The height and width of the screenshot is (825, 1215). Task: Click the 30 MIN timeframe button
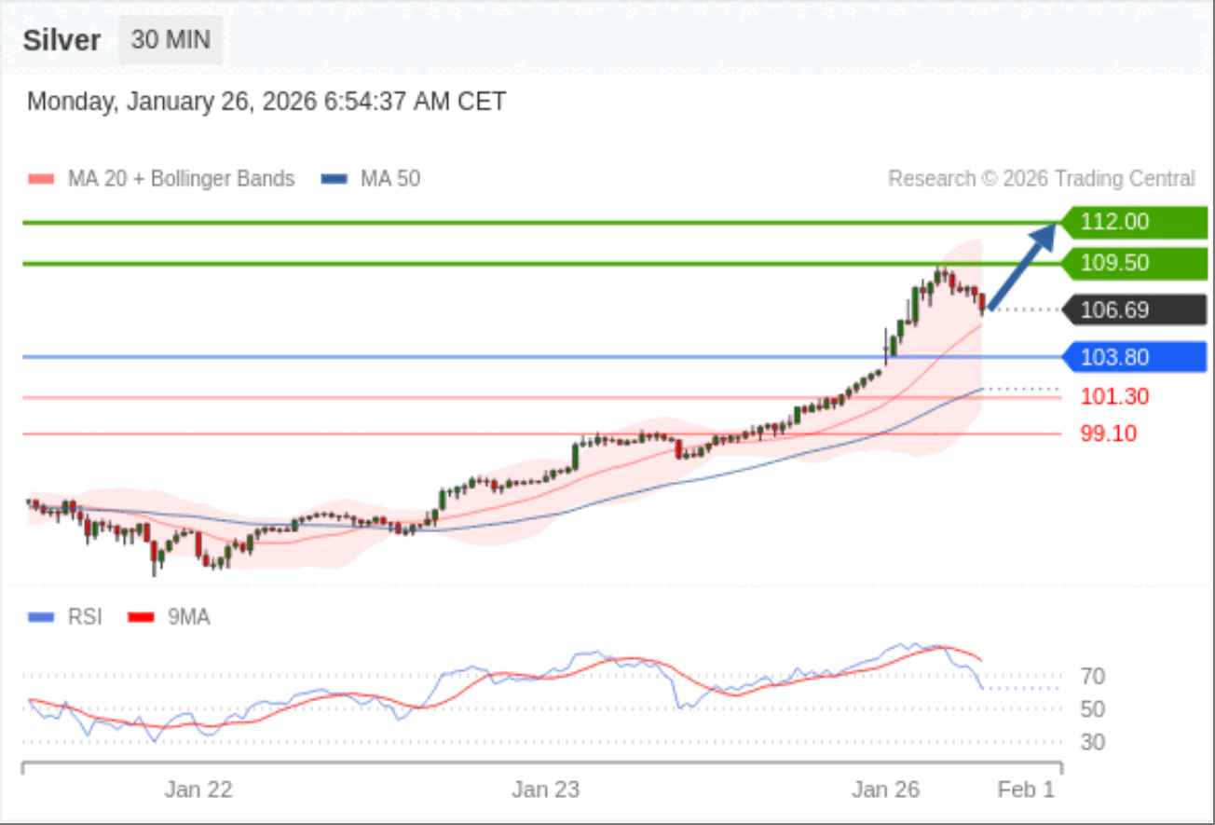[171, 40]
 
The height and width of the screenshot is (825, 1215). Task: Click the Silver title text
[61, 41]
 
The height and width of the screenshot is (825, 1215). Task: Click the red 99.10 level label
[1109, 433]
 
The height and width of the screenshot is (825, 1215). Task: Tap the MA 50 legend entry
[371, 178]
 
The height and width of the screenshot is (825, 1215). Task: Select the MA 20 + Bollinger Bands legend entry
[163, 178]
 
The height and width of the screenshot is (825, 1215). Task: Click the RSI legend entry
[67, 616]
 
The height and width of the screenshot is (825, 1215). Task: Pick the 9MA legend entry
[170, 616]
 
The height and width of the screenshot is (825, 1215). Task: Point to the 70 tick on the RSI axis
[1092, 676]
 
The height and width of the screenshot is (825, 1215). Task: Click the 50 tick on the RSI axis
[1092, 708]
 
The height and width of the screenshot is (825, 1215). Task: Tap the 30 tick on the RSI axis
[1092, 742]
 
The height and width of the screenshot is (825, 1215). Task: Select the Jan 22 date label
[198, 790]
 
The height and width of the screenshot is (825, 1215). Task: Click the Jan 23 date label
[545, 790]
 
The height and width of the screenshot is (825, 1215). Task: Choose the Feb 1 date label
[1026, 790]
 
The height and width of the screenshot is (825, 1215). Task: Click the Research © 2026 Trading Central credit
[1041, 178]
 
